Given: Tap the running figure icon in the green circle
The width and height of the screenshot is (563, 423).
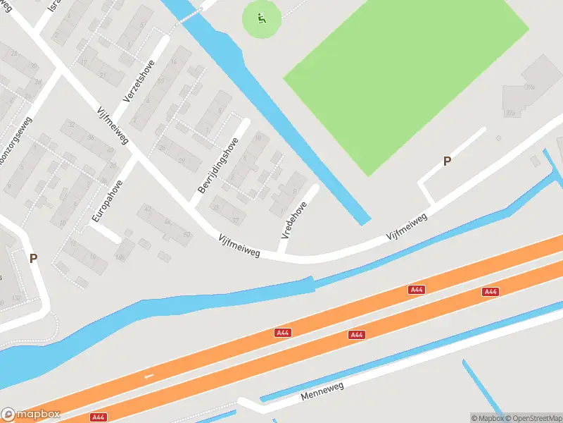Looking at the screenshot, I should pyautogui.click(x=262, y=18).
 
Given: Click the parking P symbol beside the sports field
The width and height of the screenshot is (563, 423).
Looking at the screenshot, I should pyautogui.click(x=447, y=161).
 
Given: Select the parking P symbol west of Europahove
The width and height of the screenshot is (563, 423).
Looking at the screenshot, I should pyautogui.click(x=33, y=258).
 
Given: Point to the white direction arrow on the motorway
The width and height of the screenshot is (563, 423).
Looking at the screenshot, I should pyautogui.click(x=148, y=376).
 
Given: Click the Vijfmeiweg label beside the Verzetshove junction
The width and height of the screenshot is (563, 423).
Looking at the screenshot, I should pyautogui.click(x=113, y=125).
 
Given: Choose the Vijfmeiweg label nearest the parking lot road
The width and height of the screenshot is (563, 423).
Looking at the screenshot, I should pyautogui.click(x=407, y=229).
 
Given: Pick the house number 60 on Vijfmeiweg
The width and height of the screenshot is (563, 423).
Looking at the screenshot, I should pyautogui.click(x=186, y=234).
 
